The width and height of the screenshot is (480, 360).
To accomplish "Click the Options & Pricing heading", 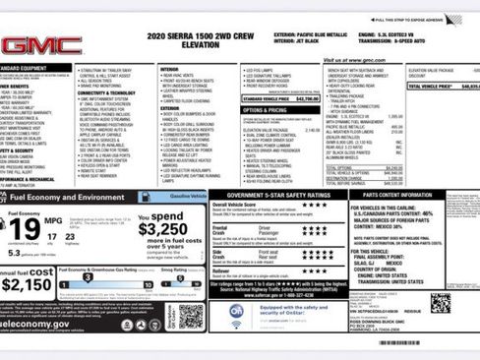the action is [x=263, y=109].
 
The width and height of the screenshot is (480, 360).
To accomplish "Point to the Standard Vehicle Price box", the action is [x=279, y=99].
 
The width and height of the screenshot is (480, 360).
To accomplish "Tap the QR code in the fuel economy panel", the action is [x=192, y=314].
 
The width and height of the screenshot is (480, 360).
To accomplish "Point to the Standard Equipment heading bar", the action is [x=25, y=68].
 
